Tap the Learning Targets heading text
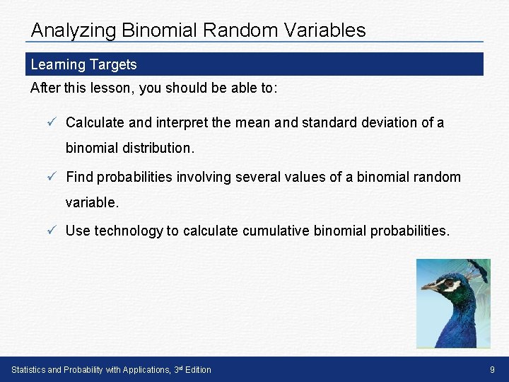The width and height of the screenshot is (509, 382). point(84,64)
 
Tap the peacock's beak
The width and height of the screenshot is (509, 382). point(429,287)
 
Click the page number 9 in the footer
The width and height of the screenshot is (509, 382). point(492,369)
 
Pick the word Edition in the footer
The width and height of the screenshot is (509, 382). point(198,369)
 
